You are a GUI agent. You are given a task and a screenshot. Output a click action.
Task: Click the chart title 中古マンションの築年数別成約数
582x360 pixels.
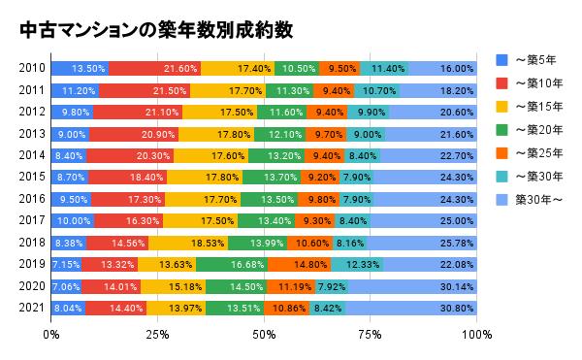point(154,30)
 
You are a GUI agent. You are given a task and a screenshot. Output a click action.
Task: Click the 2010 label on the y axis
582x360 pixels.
point(31,68)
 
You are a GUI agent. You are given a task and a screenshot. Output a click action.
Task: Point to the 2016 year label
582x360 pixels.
point(31,198)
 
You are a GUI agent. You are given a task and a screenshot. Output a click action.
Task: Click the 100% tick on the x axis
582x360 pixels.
point(476,336)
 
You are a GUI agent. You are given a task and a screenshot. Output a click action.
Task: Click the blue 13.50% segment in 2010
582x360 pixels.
point(80,68)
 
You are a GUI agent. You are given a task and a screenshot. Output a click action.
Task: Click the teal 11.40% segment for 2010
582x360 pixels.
point(385,68)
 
